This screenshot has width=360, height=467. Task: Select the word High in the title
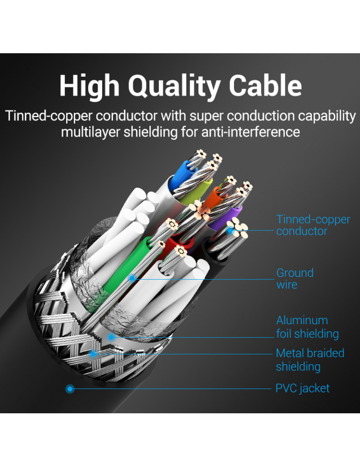click(x=88, y=86)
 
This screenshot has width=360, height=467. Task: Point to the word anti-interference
click(x=250, y=132)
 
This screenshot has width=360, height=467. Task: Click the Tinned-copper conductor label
click(x=312, y=225)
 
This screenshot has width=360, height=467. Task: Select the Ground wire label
click(x=294, y=278)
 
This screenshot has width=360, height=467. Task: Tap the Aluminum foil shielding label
click(x=307, y=327)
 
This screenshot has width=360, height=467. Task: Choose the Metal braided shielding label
click(x=310, y=360)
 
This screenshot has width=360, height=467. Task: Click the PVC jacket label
click(x=302, y=388)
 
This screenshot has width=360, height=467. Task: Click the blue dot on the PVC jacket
click(x=70, y=388)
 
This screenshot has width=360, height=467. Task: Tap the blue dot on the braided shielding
click(x=93, y=354)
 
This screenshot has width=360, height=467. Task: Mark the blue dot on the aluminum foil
click(x=111, y=337)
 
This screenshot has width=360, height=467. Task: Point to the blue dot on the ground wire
click(x=133, y=279)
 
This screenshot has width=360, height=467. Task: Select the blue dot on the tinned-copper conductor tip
click(x=230, y=230)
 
